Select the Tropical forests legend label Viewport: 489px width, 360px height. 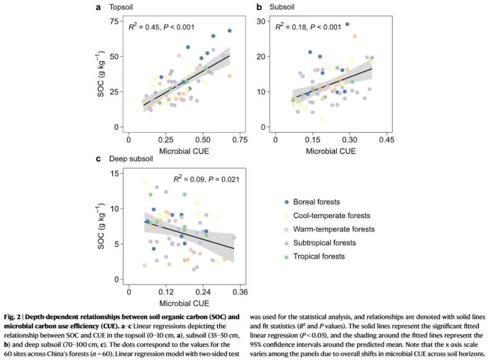pos(319,256)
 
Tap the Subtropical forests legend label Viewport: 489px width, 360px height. pos(324,243)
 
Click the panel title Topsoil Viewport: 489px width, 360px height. pos(120,7)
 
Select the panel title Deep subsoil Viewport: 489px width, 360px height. pos(131,159)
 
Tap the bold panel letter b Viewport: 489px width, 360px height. pos(259,7)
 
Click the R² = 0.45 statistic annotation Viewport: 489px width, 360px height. pos(162,27)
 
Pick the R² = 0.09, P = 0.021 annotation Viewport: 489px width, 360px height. pos(206,179)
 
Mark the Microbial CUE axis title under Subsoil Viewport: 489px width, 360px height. pos(331,151)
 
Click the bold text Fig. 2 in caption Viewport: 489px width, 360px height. pos(14,317)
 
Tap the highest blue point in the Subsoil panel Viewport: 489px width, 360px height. pos(347,24)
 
